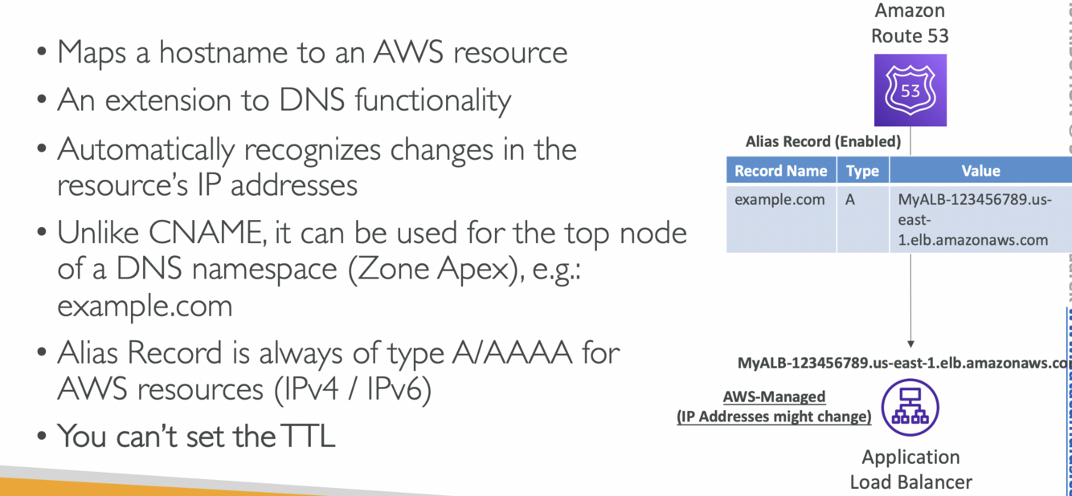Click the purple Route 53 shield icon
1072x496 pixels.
pyautogui.click(x=910, y=90)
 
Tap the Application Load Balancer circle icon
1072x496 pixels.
pyautogui.click(x=910, y=407)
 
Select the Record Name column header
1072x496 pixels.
pyautogui.click(x=780, y=171)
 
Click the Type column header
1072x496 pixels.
pyautogui.click(x=862, y=171)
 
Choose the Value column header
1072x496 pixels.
pyautogui.click(x=980, y=171)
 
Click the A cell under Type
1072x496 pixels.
pyautogui.click(x=850, y=200)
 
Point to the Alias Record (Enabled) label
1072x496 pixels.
pyautogui.click(x=823, y=142)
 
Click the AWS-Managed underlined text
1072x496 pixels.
pyautogui.click(x=774, y=396)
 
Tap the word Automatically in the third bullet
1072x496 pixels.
pyautogui.click(x=145, y=149)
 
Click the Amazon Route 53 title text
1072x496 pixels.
pyautogui.click(x=910, y=23)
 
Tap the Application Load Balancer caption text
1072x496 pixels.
pyautogui.click(x=910, y=470)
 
